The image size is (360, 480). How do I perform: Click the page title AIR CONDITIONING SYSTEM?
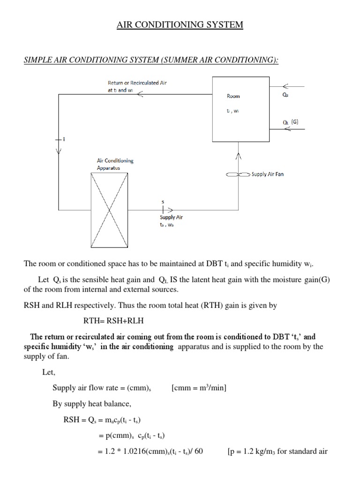(x=180, y=25)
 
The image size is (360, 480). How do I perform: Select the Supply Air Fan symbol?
(x=238, y=174)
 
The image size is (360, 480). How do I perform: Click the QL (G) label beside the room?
(x=291, y=122)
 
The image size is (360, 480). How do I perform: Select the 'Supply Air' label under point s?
(x=171, y=217)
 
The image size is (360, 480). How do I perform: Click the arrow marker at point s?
(x=165, y=210)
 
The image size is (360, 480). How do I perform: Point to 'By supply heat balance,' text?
(x=89, y=404)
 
